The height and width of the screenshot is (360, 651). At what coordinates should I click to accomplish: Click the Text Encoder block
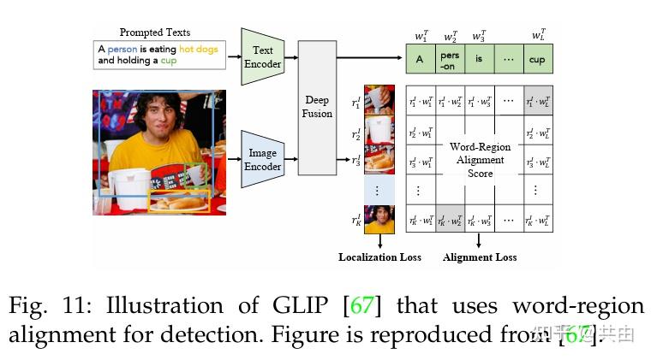[263, 56]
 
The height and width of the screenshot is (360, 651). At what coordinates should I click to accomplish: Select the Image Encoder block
[262, 159]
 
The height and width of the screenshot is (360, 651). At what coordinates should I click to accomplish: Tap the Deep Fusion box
[317, 107]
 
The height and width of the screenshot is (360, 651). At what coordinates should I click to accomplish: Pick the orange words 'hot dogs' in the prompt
[199, 50]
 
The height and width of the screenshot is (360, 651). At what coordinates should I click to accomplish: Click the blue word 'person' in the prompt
[123, 50]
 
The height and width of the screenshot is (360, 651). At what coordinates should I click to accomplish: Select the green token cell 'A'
[420, 60]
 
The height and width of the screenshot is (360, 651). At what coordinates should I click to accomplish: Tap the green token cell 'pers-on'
[451, 60]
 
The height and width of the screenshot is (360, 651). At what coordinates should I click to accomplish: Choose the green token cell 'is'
[479, 60]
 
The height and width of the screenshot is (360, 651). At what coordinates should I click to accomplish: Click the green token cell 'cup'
[537, 60]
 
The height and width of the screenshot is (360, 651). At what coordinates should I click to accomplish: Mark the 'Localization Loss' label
[379, 257]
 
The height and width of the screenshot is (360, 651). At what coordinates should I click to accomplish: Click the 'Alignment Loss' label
[480, 257]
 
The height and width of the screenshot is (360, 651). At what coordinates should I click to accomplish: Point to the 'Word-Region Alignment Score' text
[480, 159]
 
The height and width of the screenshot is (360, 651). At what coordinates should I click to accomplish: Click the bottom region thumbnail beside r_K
[379, 219]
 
